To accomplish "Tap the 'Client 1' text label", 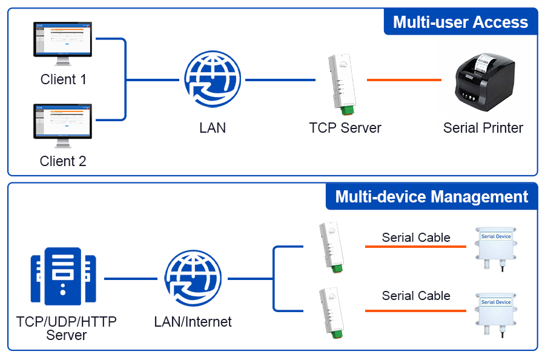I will click(63, 79).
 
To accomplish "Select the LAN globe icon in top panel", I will click(213, 79).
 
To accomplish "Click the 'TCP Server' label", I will click(345, 128).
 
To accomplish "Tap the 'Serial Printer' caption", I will click(483, 128).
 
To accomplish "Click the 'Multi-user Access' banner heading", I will click(460, 22).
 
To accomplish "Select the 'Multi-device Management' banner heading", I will click(431, 197).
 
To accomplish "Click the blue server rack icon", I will click(64, 279).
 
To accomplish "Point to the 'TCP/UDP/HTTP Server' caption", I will click(67, 328).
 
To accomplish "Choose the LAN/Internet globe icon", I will click(193, 279).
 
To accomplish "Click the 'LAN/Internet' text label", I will click(193, 322).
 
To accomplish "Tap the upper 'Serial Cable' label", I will click(416, 238).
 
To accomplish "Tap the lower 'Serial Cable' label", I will click(416, 296).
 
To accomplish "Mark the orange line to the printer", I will click(404, 80).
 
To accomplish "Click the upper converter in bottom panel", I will click(329, 245).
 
